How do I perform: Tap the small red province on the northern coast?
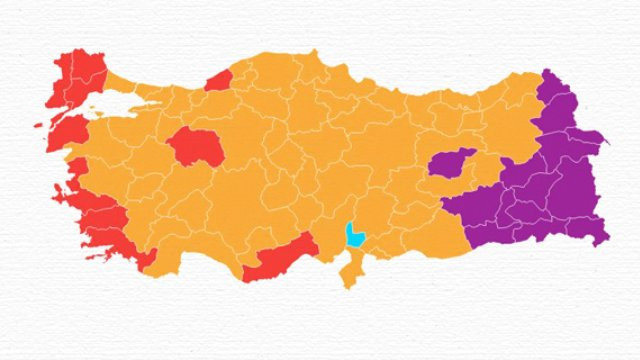tap(219, 80)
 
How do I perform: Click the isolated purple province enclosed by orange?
tap(449, 163)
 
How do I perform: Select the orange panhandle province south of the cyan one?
tap(349, 268)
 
